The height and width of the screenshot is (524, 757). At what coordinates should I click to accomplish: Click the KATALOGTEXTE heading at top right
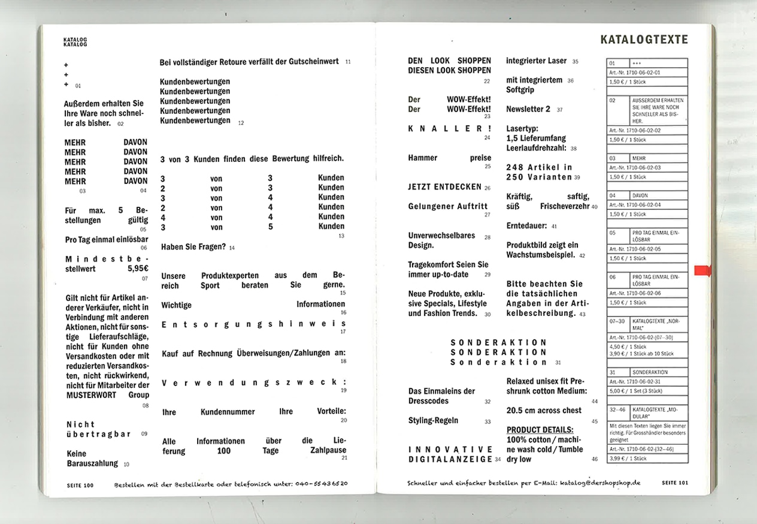pos(644,40)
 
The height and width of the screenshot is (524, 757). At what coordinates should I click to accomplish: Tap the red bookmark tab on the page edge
pos(701,271)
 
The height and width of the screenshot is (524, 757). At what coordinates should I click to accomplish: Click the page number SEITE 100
pos(80,483)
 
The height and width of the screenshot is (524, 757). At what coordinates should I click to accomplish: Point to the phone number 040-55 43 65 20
pos(321,483)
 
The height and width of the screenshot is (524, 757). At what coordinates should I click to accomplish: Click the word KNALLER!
pos(449,128)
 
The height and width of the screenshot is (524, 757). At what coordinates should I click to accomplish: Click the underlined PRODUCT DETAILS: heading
pos(540,430)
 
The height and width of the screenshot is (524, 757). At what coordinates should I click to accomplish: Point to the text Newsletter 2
pos(528,109)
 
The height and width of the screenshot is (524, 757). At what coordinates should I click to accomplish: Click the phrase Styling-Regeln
pos(433,420)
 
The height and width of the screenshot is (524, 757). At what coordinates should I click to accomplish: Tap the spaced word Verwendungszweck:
pos(253,383)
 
